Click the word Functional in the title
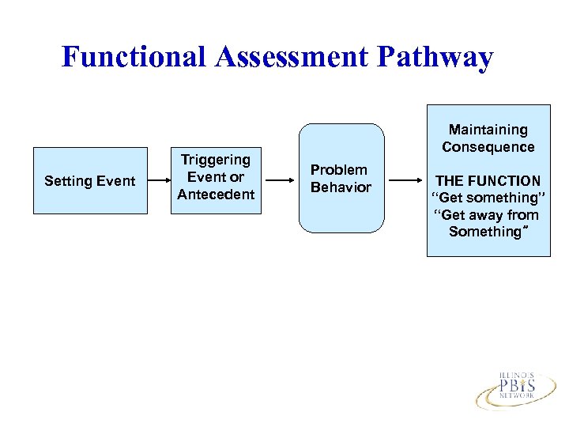(131, 57)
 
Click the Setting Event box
(90, 181)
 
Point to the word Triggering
(216, 160)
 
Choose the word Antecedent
(216, 195)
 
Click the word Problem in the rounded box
(338, 169)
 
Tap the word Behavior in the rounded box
(341, 187)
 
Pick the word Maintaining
(488, 130)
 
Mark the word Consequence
(488, 147)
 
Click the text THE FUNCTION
(488, 181)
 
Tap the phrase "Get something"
(488, 198)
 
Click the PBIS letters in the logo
(517, 386)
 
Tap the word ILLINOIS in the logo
(517, 374)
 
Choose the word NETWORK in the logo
(517, 396)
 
